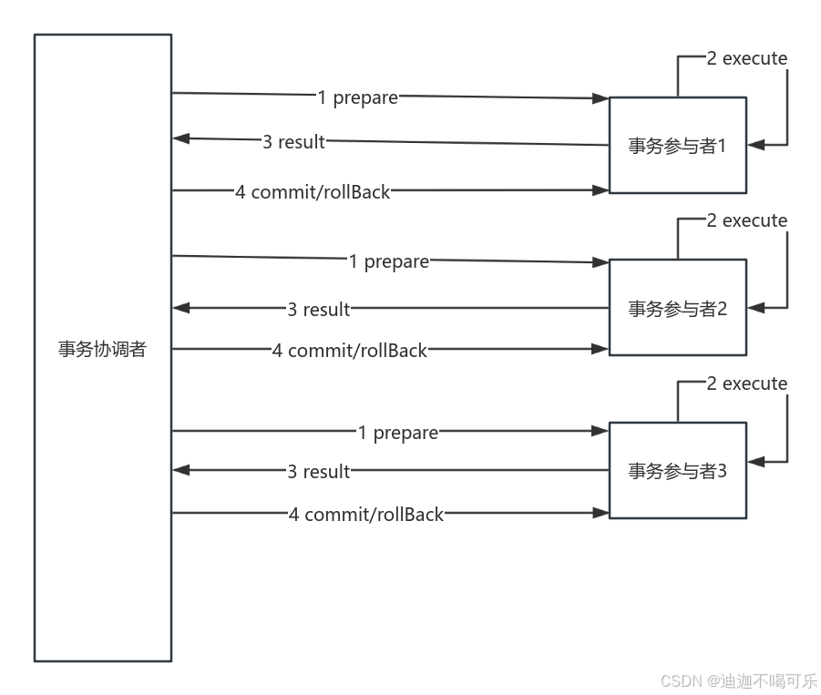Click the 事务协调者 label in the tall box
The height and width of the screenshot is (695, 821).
102,350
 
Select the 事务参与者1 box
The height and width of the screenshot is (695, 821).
677,145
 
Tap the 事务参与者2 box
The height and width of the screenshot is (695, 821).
677,308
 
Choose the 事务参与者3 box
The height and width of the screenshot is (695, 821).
677,470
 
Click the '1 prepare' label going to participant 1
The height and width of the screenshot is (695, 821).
357,97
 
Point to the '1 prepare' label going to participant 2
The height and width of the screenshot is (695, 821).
388,261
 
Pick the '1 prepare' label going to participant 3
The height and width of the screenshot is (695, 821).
397,433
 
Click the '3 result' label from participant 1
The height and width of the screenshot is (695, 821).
293,141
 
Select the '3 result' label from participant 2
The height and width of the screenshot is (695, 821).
318,309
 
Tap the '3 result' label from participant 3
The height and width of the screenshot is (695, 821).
318,471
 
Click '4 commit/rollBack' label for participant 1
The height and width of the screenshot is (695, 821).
313,191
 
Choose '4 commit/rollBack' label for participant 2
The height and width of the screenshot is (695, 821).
349,350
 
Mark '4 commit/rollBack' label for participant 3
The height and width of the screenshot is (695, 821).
365,514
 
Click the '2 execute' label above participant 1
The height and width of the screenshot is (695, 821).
746,58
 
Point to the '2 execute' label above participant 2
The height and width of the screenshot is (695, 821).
746,220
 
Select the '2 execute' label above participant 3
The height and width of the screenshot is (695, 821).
746,383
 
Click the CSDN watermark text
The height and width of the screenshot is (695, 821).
736,680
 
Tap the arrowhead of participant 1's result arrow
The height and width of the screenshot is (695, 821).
180,139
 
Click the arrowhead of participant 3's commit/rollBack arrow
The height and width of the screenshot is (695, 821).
600,514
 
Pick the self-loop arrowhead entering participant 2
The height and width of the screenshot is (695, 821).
755,308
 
